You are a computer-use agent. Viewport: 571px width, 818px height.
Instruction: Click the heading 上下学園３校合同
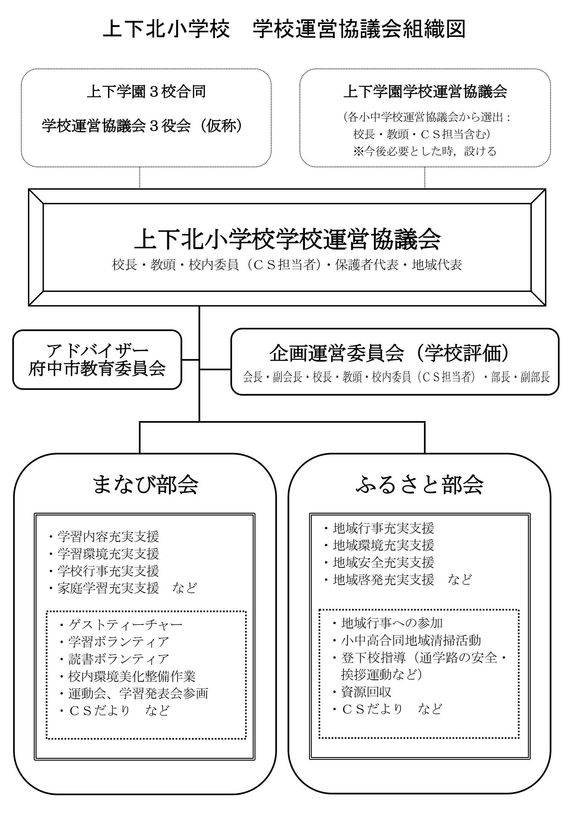coord(146,92)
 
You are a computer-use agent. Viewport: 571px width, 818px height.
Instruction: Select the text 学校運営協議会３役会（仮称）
coord(143,126)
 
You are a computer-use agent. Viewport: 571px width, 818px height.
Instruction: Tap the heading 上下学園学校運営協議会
coord(425,92)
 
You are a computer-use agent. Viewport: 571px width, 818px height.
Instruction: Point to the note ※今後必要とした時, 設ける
coord(425,151)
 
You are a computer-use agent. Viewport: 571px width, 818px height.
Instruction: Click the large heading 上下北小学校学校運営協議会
coord(287,239)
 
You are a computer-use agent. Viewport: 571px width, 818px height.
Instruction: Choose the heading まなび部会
coord(145,485)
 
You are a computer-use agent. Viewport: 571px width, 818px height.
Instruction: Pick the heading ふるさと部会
coord(419,485)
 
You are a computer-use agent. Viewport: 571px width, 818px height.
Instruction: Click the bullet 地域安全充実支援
coord(379,562)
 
